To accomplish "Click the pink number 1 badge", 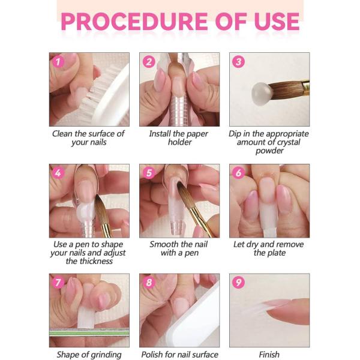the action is point(58,62).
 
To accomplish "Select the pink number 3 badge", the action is point(238,62).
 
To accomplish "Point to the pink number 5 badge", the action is point(149,173).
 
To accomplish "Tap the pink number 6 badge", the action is point(238,173).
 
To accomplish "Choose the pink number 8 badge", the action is point(149,283).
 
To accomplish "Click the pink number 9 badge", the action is point(238,283).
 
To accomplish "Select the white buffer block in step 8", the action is point(193,317).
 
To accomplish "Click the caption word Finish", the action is point(269,355).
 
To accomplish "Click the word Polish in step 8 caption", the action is point(152,355).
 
